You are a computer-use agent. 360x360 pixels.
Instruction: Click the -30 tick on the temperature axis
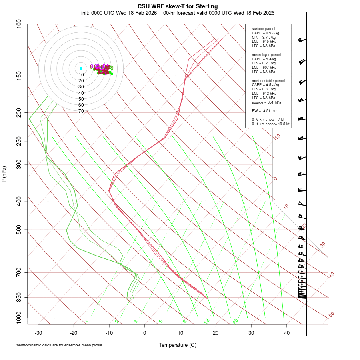click(38, 333)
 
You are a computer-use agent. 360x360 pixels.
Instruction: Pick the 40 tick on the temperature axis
click(287, 333)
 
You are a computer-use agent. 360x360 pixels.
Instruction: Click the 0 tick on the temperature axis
click(145, 333)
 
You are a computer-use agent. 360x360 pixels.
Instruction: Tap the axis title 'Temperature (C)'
click(178, 345)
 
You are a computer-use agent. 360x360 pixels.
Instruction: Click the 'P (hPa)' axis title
click(4, 174)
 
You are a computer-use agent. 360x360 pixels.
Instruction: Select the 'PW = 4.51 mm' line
click(264, 111)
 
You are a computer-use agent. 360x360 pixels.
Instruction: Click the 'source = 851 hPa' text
click(264, 102)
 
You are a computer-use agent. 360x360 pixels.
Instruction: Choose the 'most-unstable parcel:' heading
click(269, 80)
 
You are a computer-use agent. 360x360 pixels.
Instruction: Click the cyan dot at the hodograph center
click(81, 69)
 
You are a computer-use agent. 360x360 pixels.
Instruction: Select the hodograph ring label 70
click(81, 111)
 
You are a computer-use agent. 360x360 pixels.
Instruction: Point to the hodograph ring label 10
click(81, 75)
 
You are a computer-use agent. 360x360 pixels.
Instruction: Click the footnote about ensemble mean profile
click(59, 345)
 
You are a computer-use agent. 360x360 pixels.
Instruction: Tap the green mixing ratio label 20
click(236, 321)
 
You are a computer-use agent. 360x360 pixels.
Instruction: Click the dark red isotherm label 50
click(331, 315)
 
